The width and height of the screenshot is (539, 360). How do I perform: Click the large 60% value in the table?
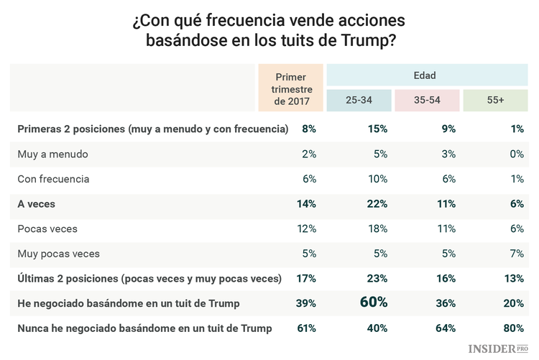374,303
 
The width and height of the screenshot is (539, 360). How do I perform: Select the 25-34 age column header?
359,101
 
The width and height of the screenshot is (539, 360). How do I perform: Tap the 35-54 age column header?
428,101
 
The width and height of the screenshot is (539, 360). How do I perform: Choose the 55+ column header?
495,101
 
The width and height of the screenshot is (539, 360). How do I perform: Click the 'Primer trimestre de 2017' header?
292,88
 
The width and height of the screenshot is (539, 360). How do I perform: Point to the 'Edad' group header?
424,75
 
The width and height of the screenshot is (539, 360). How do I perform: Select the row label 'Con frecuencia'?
53,179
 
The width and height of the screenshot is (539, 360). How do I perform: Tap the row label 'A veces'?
37,204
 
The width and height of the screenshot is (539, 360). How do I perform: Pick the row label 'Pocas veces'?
47,229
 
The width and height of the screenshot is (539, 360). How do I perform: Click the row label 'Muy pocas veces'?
58,254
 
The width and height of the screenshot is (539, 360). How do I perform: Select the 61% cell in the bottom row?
306,328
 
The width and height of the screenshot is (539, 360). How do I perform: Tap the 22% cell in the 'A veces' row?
377,204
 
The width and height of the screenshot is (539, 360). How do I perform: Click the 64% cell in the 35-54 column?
446,328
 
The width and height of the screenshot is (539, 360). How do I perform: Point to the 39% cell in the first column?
306,303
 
